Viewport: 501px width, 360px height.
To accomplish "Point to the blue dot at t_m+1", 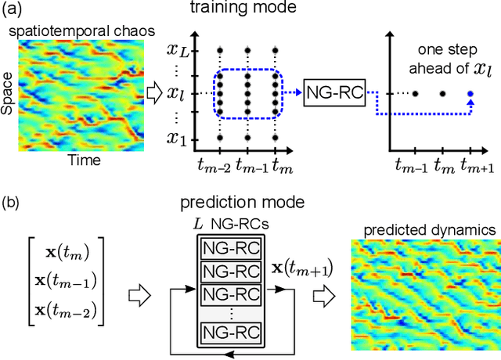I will click(470, 94).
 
